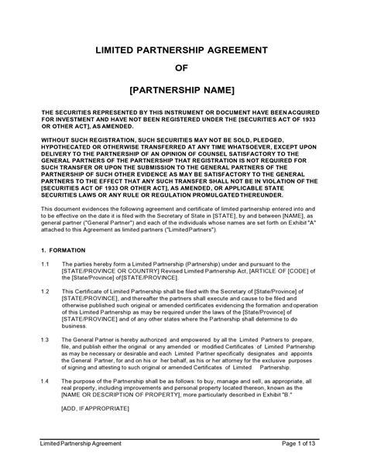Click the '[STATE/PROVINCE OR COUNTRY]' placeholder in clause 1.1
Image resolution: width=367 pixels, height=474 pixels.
(109, 270)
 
